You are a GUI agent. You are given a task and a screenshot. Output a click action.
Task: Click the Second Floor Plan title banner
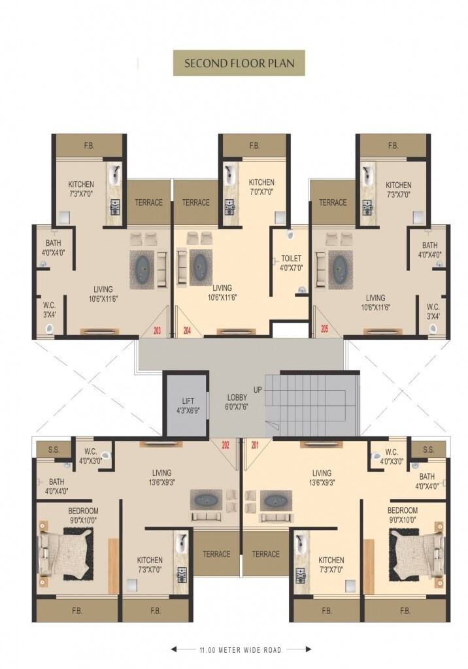pos(239,63)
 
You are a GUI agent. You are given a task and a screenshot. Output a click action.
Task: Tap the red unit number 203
pos(157,330)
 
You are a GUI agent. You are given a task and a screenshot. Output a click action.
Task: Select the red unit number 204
pos(187,330)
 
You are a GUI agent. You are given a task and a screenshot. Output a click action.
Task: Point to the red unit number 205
pos(324,329)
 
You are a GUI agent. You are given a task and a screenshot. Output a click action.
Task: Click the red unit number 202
pos(226,446)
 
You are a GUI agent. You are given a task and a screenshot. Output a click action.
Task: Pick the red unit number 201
pos(255,446)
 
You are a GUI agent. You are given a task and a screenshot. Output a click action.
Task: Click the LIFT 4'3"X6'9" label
pos(188,404)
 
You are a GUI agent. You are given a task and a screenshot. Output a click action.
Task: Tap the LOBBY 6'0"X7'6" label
pos(237,402)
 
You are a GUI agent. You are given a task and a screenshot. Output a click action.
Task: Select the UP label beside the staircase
pos(258,390)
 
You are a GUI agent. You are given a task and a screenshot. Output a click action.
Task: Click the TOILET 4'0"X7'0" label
pos(292,263)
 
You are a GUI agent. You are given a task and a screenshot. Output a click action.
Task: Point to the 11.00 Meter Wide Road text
pos(241,650)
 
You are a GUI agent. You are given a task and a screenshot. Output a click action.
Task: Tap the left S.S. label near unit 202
pos(54,449)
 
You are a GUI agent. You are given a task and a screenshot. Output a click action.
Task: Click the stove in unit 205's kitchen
pos(367,207)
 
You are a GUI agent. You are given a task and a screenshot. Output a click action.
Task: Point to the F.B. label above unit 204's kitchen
pos(254,146)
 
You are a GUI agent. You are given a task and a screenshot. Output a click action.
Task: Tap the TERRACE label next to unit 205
pos(333,203)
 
